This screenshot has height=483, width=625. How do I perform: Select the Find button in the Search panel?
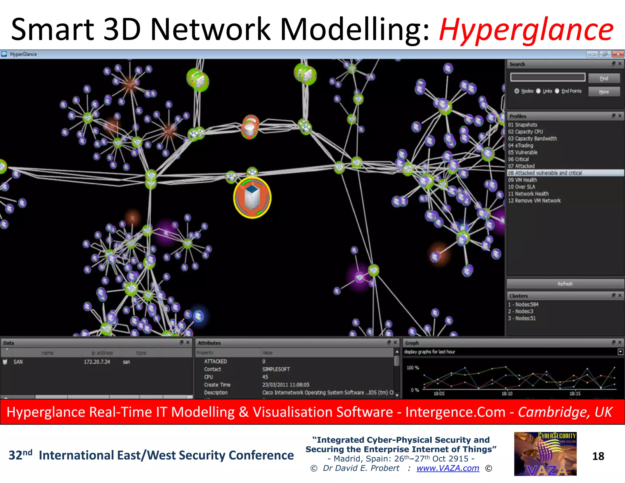[x=604, y=78]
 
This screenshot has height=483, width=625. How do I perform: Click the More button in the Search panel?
[x=604, y=92]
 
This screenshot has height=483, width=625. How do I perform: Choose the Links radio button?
[x=539, y=91]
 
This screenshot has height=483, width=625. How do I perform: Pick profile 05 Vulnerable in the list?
[x=523, y=152]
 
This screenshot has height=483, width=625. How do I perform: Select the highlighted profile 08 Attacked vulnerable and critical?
[x=545, y=173]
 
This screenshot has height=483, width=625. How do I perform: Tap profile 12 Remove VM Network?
[x=534, y=201]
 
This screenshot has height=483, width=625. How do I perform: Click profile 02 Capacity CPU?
[x=526, y=132]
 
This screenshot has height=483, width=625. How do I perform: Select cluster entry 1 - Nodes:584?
[x=523, y=304]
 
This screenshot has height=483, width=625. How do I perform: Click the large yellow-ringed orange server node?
[x=252, y=198]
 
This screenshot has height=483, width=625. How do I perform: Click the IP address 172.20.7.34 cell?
[x=97, y=362]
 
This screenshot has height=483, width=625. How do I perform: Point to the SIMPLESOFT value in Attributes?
[x=276, y=369]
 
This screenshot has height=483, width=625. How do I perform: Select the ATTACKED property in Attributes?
[x=215, y=361]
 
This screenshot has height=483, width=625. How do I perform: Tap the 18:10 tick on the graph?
[x=507, y=394]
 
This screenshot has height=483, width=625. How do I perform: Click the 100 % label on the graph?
[x=413, y=368]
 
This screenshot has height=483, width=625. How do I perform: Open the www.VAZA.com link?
[x=448, y=468]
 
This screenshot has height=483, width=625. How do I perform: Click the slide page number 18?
[x=598, y=456]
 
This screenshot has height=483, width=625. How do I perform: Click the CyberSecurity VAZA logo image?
[x=545, y=454]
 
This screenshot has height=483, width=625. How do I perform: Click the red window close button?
[x=618, y=54]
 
